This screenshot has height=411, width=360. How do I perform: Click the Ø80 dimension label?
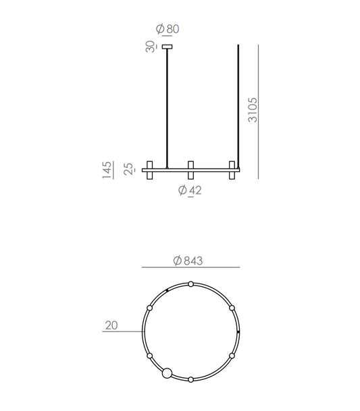point(167,29)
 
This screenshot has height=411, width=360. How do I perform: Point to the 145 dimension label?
point(107,169)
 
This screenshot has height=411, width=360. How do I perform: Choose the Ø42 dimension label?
point(190,190)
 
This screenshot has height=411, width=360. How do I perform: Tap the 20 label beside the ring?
point(111,325)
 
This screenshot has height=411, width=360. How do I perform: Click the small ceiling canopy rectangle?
point(167,47)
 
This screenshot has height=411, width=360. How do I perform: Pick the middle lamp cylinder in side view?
point(191,170)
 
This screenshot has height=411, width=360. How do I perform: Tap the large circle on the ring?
point(166,372)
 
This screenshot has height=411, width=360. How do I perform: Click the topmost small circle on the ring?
point(191,284)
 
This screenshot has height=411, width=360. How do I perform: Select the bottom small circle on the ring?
point(191,380)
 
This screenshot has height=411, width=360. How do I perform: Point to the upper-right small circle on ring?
point(232,308)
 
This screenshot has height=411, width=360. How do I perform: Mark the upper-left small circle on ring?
point(149,308)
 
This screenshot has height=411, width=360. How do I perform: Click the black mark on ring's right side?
point(238,332)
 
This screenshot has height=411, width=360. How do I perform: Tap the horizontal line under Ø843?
point(190,268)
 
